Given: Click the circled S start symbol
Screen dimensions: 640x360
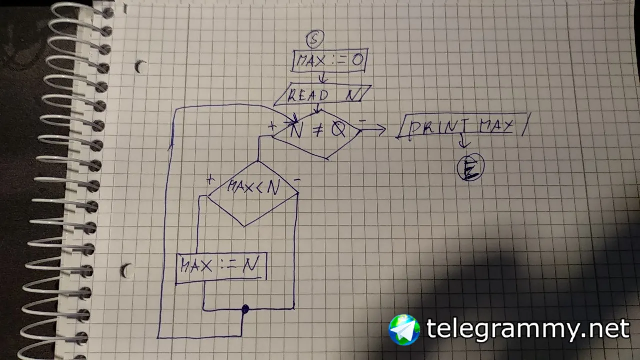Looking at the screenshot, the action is click(x=315, y=39).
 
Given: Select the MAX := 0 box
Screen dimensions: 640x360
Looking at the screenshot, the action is click(x=330, y=60).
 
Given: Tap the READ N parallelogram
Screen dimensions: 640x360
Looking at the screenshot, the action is click(x=323, y=94).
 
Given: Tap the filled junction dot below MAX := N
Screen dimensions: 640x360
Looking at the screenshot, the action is click(x=245, y=309).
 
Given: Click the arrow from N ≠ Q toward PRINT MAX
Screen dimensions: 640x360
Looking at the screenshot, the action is click(x=373, y=130).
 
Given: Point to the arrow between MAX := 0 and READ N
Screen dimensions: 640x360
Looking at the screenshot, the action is click(x=323, y=77).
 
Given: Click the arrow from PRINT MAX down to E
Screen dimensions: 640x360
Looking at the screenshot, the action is click(x=463, y=141).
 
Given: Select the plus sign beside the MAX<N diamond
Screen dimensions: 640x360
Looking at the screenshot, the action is click(x=210, y=180).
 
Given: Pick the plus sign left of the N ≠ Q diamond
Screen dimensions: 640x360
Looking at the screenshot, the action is click(x=272, y=126).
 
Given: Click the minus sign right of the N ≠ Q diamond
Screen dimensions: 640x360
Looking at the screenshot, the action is click(x=362, y=121).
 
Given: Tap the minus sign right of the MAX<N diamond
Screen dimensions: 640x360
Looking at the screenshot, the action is click(x=297, y=180).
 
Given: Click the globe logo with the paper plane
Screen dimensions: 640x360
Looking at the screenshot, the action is click(x=404, y=330).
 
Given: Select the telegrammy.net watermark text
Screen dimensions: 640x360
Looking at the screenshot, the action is click(x=528, y=330).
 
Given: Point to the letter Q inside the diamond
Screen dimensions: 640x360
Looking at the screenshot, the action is click(x=338, y=130).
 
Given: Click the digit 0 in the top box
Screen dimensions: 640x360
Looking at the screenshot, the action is click(x=358, y=60).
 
